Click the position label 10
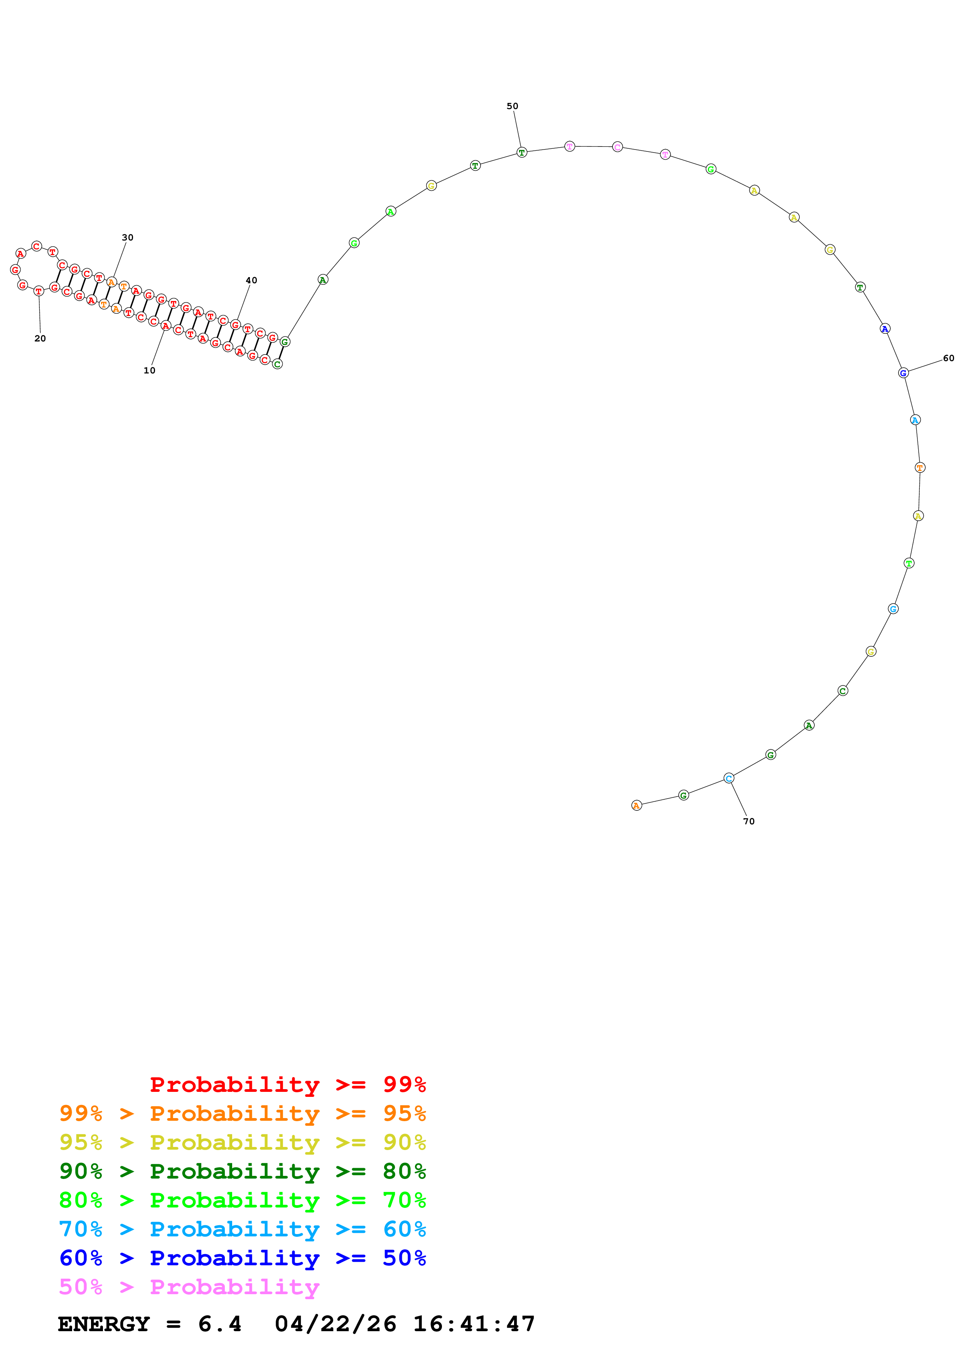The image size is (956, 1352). (x=149, y=370)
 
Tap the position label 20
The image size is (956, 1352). (x=40, y=339)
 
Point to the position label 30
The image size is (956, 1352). (x=127, y=237)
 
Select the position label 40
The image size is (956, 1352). (x=251, y=280)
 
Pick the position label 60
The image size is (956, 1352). (x=948, y=358)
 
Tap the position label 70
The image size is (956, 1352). (x=749, y=821)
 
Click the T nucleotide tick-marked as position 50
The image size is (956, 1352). (x=521, y=153)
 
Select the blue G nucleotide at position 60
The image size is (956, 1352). (x=903, y=373)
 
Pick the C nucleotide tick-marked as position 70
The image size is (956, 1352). (x=728, y=779)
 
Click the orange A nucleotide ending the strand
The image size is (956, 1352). (x=636, y=805)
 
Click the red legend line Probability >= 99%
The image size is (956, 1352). (x=287, y=1085)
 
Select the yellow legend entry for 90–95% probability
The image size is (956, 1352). (x=242, y=1142)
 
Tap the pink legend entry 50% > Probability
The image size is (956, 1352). (x=189, y=1287)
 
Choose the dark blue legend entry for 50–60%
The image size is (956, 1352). (x=242, y=1258)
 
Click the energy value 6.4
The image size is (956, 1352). (x=220, y=1324)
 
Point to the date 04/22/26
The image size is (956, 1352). (x=335, y=1324)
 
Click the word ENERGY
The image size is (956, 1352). (x=104, y=1324)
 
